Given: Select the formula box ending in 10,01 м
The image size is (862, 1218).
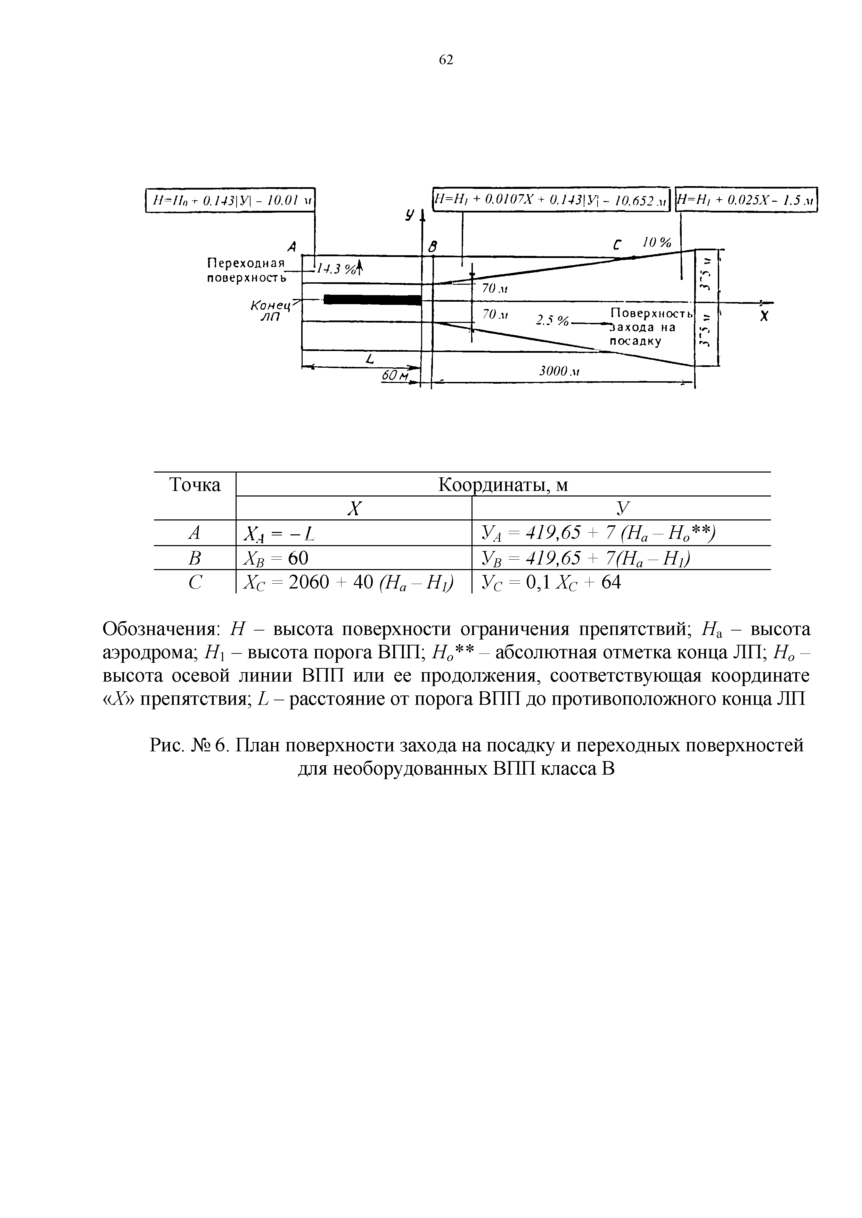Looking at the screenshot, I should [x=230, y=200].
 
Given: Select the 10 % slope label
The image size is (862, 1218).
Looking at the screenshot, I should [x=657, y=243].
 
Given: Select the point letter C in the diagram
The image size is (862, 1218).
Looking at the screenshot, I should [x=617, y=245].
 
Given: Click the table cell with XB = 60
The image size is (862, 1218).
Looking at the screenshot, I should [x=276, y=558].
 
